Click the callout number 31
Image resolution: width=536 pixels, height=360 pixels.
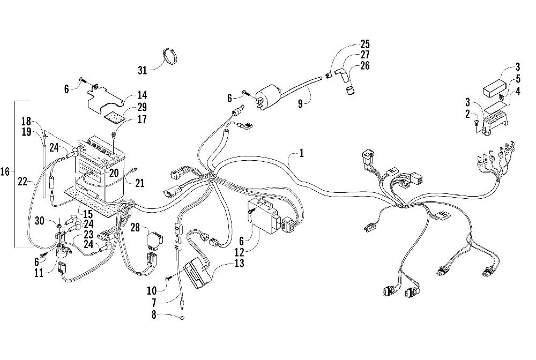[142, 70]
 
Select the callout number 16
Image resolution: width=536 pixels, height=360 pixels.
[6, 172]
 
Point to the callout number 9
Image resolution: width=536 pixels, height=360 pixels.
[301, 102]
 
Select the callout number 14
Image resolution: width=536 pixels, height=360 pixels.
[143, 93]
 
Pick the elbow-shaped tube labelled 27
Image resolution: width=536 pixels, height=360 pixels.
[339, 72]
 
